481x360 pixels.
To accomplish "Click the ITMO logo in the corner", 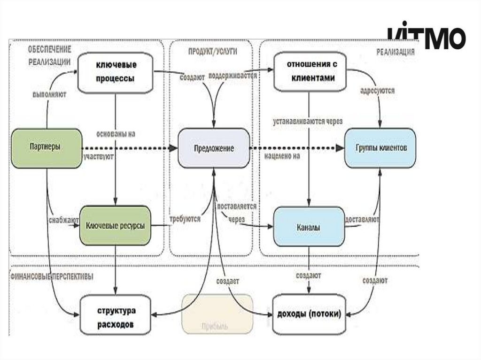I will [427, 37].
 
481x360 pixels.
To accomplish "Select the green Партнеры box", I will [47, 146].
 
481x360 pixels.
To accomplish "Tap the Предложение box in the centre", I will [214, 148].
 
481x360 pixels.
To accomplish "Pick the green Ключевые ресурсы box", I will [115, 226].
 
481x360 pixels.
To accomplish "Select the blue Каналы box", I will [309, 227].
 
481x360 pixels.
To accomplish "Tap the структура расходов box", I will [116, 317].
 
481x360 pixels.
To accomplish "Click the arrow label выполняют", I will [49, 94].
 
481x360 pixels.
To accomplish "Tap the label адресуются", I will [377, 90].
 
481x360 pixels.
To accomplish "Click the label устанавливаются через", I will [308, 121].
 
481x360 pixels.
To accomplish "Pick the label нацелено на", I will [282, 156].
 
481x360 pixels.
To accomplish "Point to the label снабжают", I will [63, 219].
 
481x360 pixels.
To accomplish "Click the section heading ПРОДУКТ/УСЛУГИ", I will [213, 51].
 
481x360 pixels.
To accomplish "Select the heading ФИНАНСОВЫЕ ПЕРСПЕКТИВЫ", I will [51, 276].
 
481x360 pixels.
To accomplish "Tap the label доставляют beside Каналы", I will [362, 219].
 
